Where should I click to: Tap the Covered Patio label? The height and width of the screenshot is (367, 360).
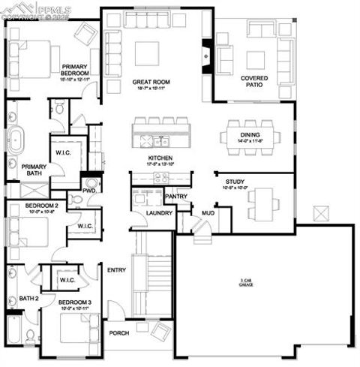pos(255,81)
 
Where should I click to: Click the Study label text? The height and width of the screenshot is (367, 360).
pos(234,182)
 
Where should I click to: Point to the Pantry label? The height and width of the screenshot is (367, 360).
pos(175,197)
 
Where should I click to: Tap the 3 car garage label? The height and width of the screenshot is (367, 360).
pos(244,282)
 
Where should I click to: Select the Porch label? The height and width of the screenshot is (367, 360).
pos(120,333)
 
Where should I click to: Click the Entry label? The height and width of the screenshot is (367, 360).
pos(116,270)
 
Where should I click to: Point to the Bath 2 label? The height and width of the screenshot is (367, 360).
pos(28,299)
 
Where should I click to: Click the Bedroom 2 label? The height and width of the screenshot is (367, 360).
pos(42,205)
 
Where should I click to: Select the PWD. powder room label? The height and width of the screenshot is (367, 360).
pos(91,191)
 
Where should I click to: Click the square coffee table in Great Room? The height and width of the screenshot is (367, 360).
pos(147,53)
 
